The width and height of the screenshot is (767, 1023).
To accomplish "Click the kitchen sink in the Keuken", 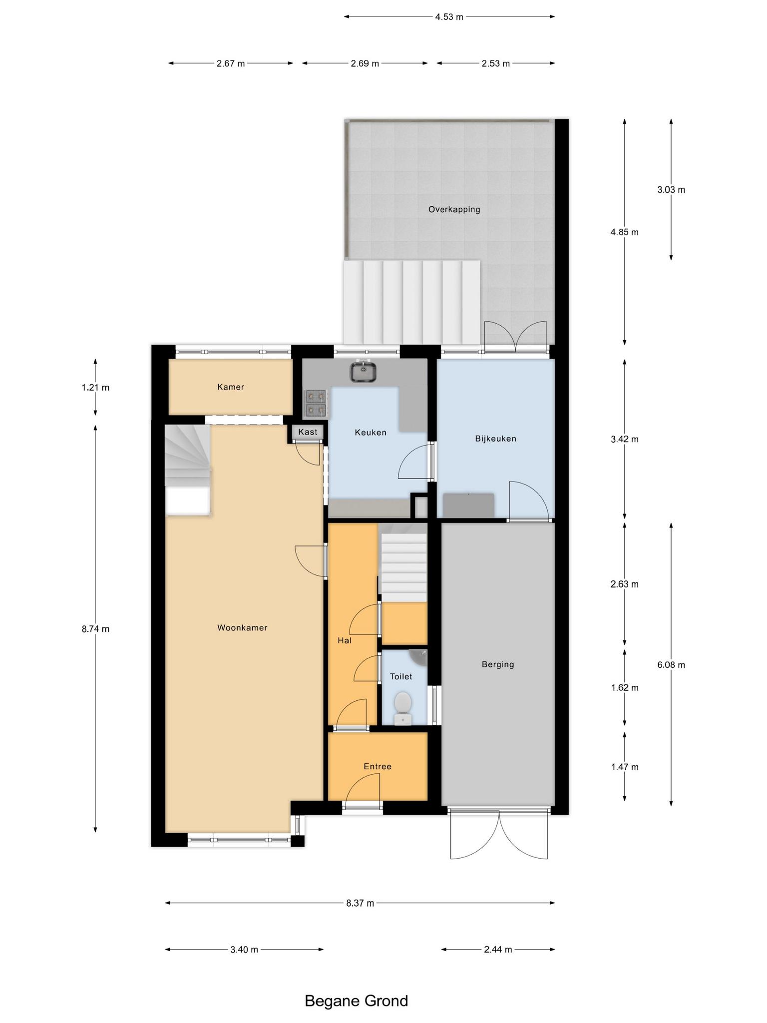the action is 363,372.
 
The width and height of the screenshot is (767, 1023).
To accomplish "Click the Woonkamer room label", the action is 242,628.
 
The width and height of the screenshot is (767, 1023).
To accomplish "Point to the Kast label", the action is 308,432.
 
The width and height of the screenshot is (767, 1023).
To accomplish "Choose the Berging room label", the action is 498,664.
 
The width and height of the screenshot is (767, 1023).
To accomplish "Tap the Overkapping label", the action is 454,209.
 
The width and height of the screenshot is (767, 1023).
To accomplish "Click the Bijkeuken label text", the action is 495,439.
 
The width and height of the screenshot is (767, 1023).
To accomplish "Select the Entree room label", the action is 378,766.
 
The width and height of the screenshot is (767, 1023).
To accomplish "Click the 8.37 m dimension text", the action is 360,903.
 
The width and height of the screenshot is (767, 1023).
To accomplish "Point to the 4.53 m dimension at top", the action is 449,17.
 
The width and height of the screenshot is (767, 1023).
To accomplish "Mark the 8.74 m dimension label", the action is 95,629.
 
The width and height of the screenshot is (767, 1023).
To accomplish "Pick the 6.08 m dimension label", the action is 671,665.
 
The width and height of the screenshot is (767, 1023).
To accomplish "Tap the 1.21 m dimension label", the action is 95,387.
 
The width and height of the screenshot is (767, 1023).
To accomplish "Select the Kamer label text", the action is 231,387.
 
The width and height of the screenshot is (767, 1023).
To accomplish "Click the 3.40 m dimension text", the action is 244,950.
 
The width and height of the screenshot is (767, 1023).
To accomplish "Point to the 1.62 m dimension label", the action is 625,688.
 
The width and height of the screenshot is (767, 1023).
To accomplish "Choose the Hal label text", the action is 345,640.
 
